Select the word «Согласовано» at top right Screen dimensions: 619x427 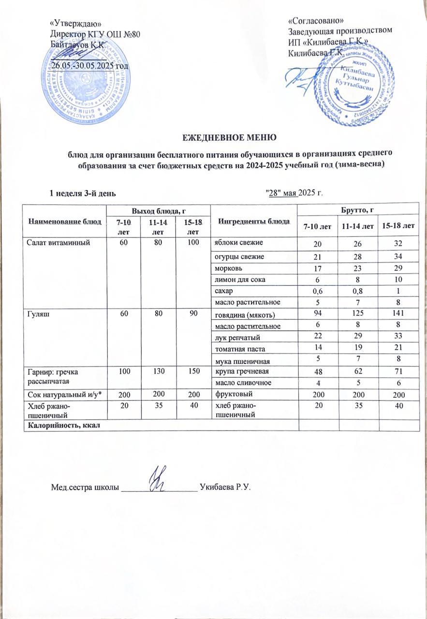[x=316, y=21]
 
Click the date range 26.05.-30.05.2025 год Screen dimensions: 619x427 [x=90, y=65]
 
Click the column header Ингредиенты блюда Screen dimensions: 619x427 [x=254, y=221]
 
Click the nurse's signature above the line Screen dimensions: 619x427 [x=159, y=479]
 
